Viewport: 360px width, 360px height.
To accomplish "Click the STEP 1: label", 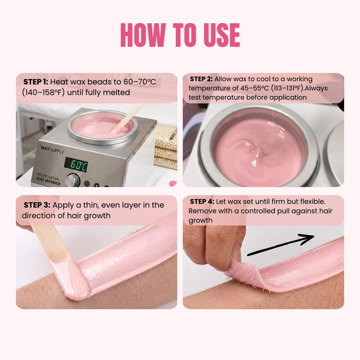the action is click(x=36, y=82).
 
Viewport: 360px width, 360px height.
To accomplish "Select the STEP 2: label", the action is click(x=201, y=79).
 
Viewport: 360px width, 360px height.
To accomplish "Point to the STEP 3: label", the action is click(x=37, y=205).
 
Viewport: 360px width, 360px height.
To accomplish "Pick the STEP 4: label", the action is click(x=202, y=201).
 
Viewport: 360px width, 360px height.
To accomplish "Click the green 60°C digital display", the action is click(x=76, y=165).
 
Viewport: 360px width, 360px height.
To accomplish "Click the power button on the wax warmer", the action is click(x=86, y=184).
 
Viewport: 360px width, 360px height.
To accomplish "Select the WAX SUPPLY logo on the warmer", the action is click(x=52, y=149).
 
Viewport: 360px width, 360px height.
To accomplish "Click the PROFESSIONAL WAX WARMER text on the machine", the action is click(x=49, y=179).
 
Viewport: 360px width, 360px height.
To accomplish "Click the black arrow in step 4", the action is click(x=281, y=245).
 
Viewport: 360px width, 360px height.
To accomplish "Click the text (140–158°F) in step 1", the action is click(x=43, y=92).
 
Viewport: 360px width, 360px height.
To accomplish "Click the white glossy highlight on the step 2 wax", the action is click(x=254, y=163).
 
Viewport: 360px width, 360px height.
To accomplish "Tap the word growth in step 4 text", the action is click(x=200, y=220).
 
